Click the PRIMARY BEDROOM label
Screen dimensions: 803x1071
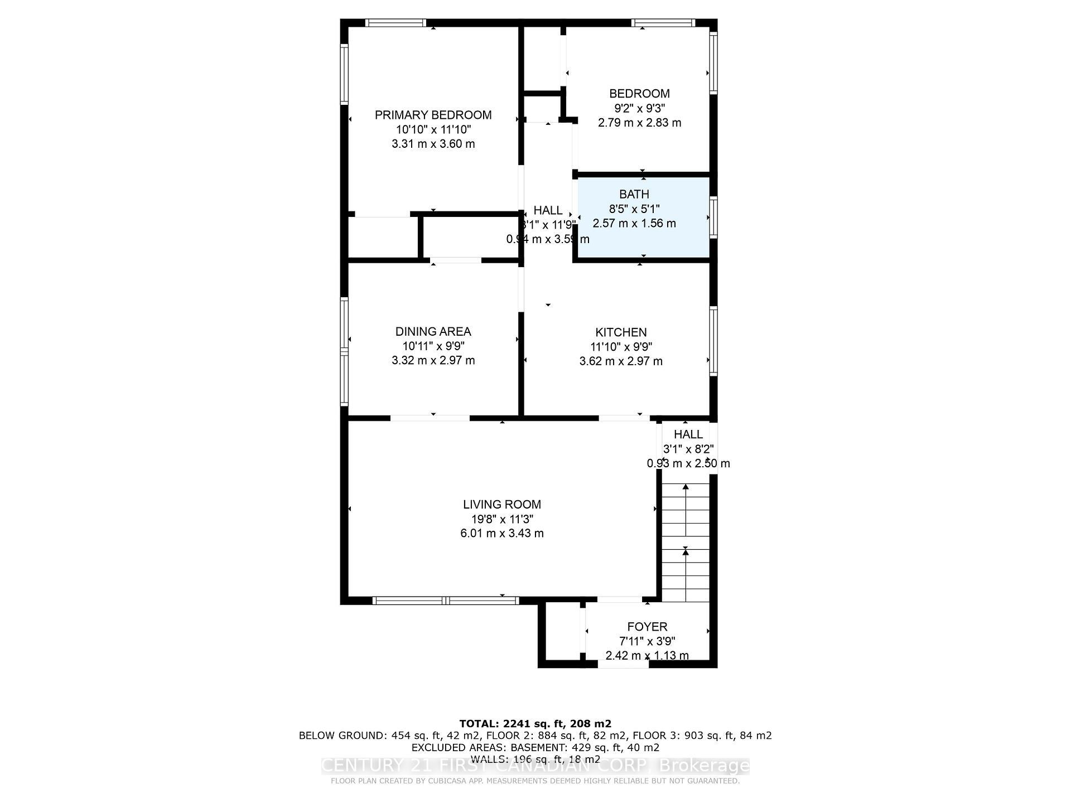coord(433,115)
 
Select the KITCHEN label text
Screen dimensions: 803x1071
coord(621,332)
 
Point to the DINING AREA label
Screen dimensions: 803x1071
coord(433,332)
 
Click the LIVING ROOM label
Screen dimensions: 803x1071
coord(501,505)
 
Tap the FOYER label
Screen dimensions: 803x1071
coord(647,627)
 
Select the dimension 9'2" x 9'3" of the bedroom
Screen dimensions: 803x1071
coord(639,108)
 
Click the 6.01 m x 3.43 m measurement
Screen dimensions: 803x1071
coord(501,533)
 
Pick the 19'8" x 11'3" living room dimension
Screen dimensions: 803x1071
coord(501,519)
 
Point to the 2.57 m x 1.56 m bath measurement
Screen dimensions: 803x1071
coord(634,224)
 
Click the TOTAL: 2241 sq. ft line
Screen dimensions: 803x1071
coord(535,724)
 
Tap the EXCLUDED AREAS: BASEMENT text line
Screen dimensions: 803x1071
coord(535,747)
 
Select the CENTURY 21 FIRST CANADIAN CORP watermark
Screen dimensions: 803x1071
coord(535,766)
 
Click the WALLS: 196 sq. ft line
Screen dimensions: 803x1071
coord(535,759)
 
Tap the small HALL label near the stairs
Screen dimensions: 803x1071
coord(688,434)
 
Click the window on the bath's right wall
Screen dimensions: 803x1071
coord(713,217)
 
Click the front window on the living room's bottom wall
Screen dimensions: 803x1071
coord(446,601)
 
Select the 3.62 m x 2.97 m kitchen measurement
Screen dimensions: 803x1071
coord(621,361)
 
